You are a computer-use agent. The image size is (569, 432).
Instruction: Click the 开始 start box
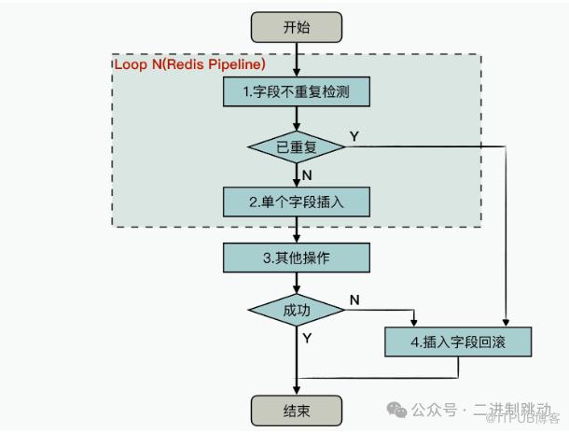295,26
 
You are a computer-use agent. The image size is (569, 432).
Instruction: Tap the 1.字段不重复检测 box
295,92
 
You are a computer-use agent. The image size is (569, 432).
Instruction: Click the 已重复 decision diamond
295,146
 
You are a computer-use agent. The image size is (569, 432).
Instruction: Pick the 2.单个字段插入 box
295,201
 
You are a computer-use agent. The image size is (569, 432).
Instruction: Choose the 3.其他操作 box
295,256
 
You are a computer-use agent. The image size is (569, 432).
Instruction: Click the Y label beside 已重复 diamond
354,137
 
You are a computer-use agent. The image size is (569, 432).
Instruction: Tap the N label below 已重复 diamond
307,174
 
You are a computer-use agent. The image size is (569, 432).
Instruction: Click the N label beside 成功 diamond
354,300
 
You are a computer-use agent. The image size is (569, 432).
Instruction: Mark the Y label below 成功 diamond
307,337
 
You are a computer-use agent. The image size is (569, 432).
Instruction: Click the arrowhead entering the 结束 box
295,390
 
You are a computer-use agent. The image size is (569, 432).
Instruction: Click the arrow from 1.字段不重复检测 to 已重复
295,118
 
